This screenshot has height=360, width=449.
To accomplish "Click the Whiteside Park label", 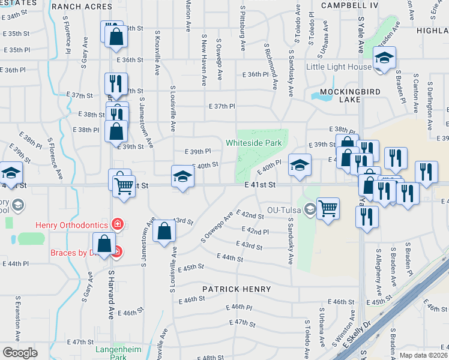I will pos(253,143).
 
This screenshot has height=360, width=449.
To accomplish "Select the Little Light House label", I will pos(339,67).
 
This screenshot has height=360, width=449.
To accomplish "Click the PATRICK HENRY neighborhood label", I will pos(236,289).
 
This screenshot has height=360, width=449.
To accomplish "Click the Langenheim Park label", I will pos(110,353).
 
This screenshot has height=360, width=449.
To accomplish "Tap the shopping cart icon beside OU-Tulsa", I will pos(328,209).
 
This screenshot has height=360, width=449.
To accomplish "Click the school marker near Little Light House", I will pos(382,58).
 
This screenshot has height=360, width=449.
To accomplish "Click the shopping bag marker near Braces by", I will pos(104,243).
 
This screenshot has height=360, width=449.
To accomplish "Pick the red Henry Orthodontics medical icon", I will pos(119,225).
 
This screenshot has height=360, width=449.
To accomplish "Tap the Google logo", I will pos(20,353).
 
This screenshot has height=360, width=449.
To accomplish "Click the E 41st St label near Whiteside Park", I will pos(260,185).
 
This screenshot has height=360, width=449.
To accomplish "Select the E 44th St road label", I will pos(232,259).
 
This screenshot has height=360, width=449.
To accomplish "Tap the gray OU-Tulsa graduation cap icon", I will pos(310,209).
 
